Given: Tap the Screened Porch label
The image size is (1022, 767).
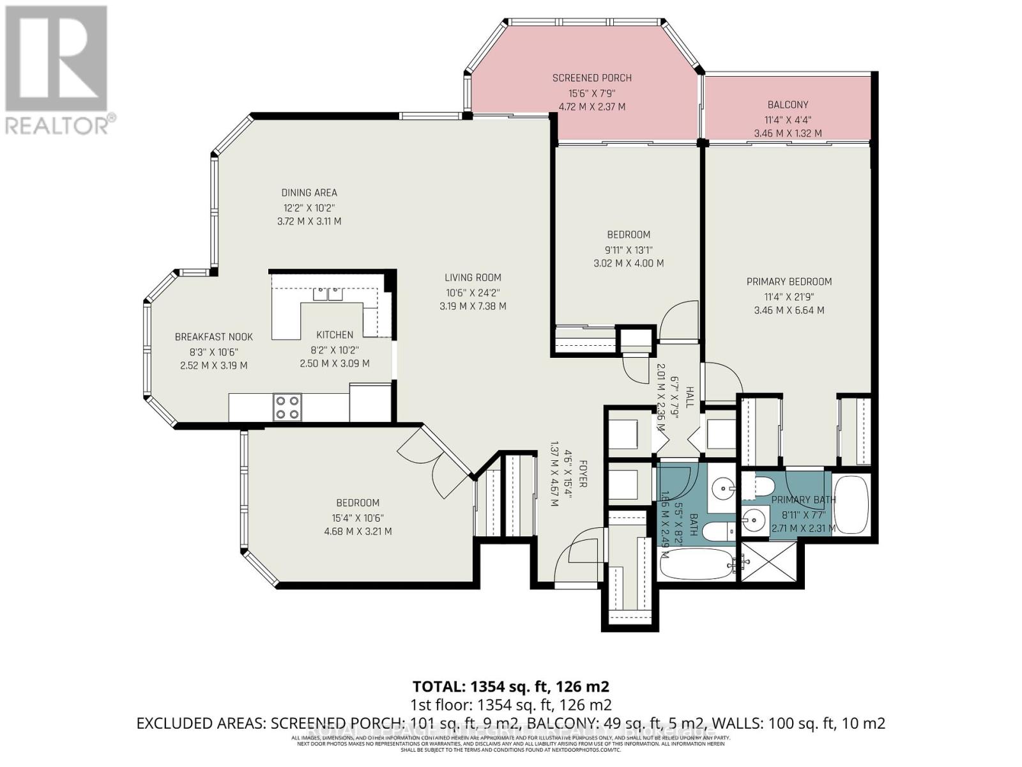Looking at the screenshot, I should click(591, 78).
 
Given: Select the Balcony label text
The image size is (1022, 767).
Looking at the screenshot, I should click(788, 105).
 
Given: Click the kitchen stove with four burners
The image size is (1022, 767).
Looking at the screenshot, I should click(287, 407).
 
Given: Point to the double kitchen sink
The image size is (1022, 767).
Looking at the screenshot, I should click(328, 294).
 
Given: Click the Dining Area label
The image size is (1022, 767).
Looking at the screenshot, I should click(309, 192).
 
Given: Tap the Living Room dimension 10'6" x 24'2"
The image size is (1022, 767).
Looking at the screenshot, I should click(473, 292).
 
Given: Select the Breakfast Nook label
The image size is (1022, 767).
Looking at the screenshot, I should click(214, 337).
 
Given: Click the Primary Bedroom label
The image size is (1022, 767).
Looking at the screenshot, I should click(789, 281).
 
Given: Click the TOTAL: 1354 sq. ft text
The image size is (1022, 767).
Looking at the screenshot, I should click(510, 686).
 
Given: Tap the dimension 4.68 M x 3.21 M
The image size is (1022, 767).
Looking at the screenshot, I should click(358, 531).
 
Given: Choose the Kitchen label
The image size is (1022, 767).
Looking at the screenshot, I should click(335, 335).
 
